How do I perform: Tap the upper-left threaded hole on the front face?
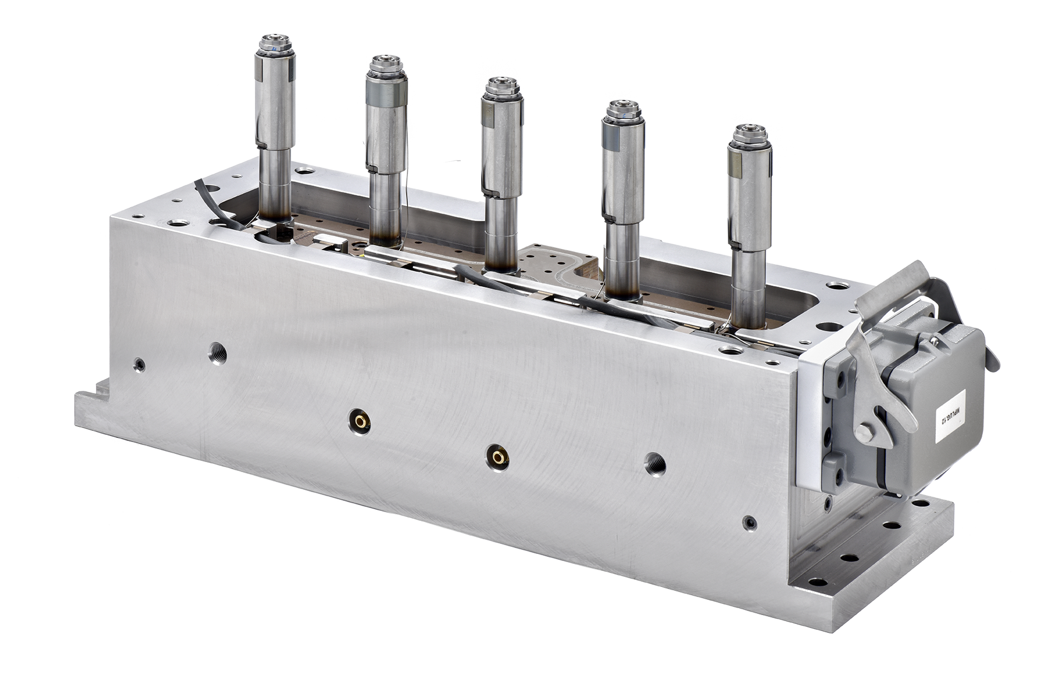[217, 356]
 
